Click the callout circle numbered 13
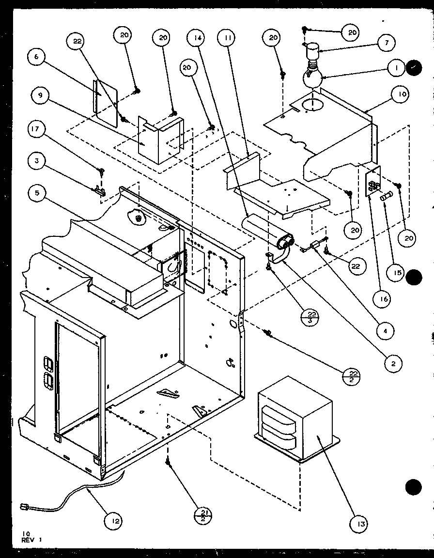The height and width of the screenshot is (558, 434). point(360,523)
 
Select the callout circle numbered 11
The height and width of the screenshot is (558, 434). point(225,38)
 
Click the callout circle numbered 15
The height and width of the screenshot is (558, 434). point(397,273)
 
